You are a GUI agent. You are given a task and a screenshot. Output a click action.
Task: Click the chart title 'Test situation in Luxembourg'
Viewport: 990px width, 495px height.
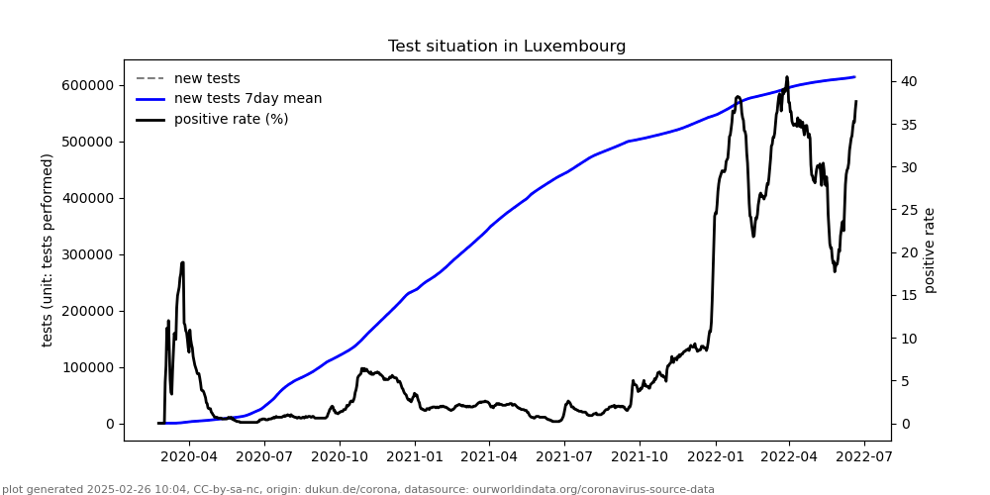coord(507,47)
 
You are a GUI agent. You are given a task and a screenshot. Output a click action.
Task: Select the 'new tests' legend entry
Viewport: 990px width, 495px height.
coord(207,78)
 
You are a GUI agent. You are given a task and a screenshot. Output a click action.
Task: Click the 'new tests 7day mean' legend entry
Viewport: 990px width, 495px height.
coord(247,99)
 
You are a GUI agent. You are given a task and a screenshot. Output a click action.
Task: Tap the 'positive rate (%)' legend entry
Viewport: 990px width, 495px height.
coord(231,120)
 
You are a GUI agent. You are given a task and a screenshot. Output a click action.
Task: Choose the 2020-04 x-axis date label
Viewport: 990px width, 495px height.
coord(189,456)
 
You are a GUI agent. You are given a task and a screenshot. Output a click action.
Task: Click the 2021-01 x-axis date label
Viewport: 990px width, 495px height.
coord(415,456)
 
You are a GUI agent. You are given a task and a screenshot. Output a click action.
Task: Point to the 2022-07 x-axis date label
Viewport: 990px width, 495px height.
coord(864,456)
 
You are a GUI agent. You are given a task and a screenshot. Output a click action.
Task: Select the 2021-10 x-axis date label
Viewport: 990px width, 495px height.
coord(640,456)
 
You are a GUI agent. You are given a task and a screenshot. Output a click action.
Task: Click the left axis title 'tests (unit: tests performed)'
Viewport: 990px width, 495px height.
coord(48,249)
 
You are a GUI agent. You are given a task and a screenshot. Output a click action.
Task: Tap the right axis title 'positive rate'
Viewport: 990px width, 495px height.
coord(930,250)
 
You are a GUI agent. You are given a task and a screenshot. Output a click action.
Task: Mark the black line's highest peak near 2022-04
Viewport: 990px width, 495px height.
coord(787,77)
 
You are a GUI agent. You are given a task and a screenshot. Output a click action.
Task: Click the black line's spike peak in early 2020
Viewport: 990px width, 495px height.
coord(182,262)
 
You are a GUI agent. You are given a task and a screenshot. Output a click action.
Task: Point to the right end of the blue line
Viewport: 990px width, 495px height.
coord(854,77)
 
